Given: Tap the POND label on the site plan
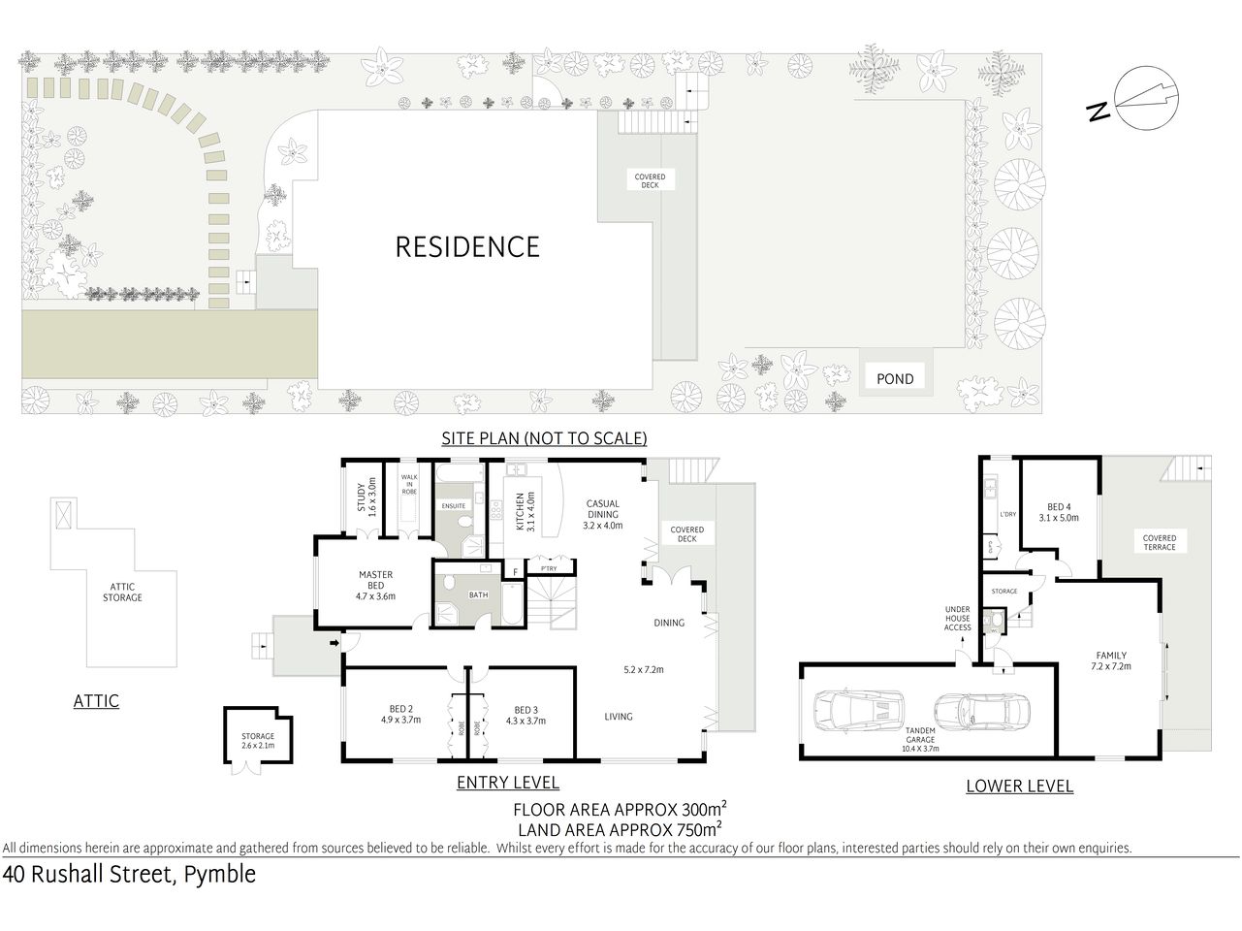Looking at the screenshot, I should coord(894,378).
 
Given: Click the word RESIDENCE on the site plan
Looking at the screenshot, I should coord(466,247).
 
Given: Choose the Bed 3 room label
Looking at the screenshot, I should coord(525,714).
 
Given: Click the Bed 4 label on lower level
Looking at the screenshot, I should coord(1059,512).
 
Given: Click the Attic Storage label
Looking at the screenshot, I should coord(122,592).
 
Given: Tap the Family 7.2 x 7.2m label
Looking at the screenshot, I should coord(1111,660).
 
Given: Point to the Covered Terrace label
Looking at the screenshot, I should coord(1159,542).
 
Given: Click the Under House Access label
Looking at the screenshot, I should coord(957,619).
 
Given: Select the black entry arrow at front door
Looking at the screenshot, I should coord(334,642).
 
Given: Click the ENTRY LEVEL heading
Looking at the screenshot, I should coord(508,783).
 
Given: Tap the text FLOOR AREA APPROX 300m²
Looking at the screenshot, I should coord(621,810).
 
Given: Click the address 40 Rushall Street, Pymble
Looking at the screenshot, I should coord(129,875).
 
